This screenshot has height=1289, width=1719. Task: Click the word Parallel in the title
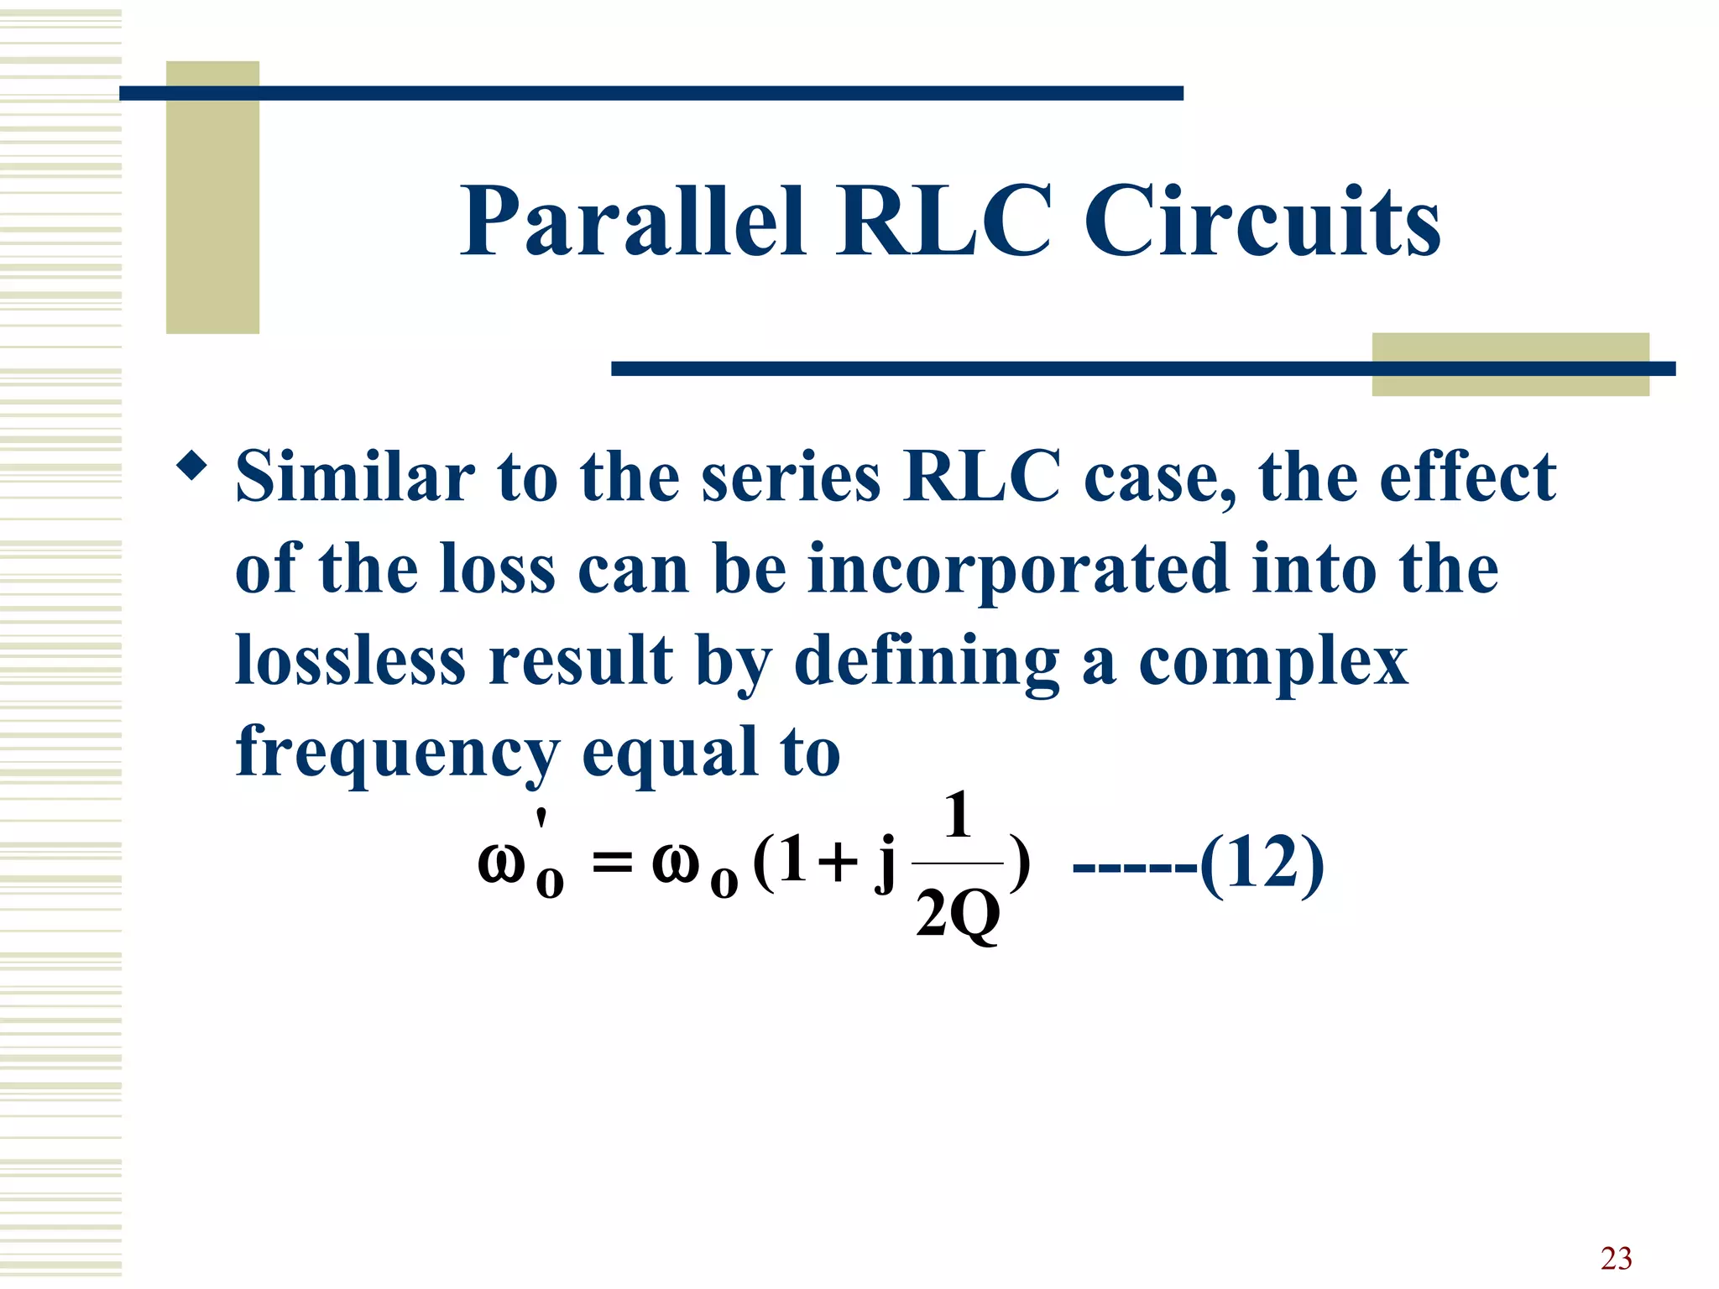[x=634, y=222]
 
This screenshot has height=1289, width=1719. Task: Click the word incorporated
[x=1017, y=569]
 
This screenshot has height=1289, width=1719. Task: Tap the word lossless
[x=350, y=660]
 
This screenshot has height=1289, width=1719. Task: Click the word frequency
[x=397, y=754]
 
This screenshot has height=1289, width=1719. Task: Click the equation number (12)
[x=1262, y=864]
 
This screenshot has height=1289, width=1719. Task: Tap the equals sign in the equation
[x=611, y=863]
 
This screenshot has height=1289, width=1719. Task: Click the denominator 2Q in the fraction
[x=958, y=915]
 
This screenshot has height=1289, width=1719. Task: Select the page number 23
[x=1616, y=1258]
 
